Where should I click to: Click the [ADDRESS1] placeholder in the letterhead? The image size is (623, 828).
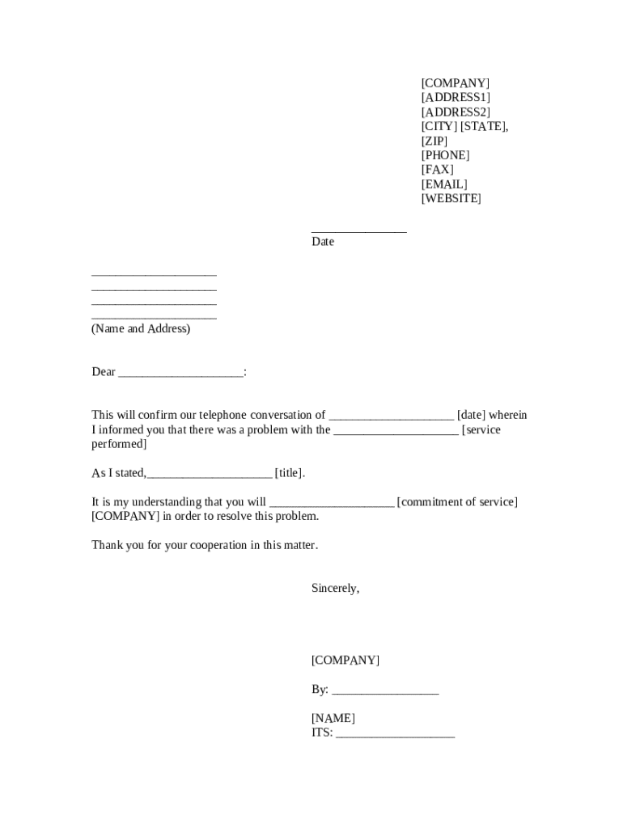(456, 98)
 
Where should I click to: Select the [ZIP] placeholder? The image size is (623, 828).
(434, 141)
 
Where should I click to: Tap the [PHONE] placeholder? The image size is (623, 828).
(445, 155)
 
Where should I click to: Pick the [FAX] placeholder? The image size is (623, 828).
(438, 170)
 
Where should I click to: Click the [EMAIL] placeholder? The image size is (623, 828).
(444, 184)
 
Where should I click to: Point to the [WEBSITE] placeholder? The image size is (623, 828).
(451, 199)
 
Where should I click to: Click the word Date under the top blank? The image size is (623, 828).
(323, 242)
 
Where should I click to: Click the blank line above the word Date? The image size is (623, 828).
(359, 231)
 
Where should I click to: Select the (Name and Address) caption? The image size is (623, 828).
(141, 329)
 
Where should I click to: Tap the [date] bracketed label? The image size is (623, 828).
(472, 416)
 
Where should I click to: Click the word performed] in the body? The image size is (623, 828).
(119, 445)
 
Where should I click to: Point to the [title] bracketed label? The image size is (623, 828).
(290, 474)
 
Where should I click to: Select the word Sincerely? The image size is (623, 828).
(335, 589)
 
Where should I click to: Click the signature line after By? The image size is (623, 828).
(385, 692)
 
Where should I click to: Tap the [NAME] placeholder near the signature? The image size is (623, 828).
(333, 718)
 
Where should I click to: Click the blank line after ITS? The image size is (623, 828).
(395, 736)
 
